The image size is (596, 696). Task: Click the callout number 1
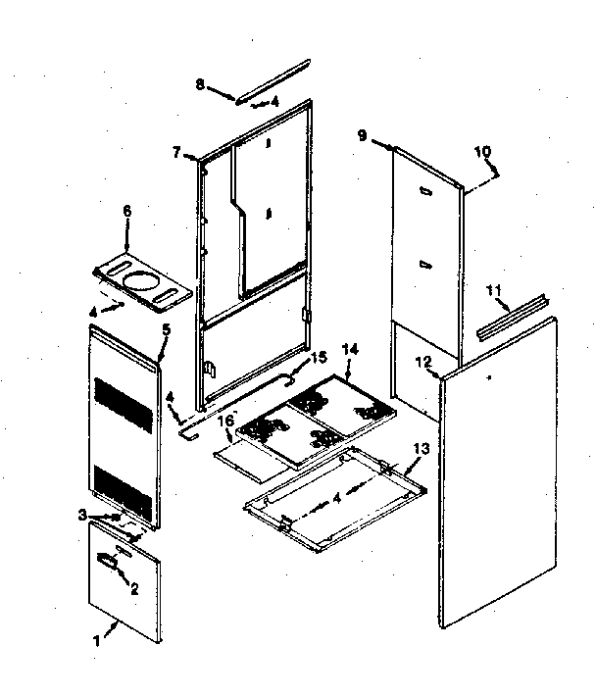pyautogui.click(x=95, y=640)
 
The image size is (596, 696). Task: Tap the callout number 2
pyautogui.click(x=134, y=588)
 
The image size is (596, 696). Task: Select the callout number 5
pyautogui.click(x=164, y=329)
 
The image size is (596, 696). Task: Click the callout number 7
pyautogui.click(x=176, y=151)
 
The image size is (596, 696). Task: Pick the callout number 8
pyautogui.click(x=201, y=85)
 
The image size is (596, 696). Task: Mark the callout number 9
pyautogui.click(x=363, y=135)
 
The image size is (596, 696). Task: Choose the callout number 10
pyautogui.click(x=482, y=152)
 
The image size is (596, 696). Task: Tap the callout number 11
pyautogui.click(x=495, y=289)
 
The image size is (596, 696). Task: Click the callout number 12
pyautogui.click(x=422, y=362)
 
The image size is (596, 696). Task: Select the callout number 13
pyautogui.click(x=422, y=448)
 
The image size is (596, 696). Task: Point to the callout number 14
pyautogui.click(x=350, y=349)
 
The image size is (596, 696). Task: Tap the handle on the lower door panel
pyautogui.click(x=109, y=560)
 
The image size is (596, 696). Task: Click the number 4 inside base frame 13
pyautogui.click(x=337, y=497)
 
